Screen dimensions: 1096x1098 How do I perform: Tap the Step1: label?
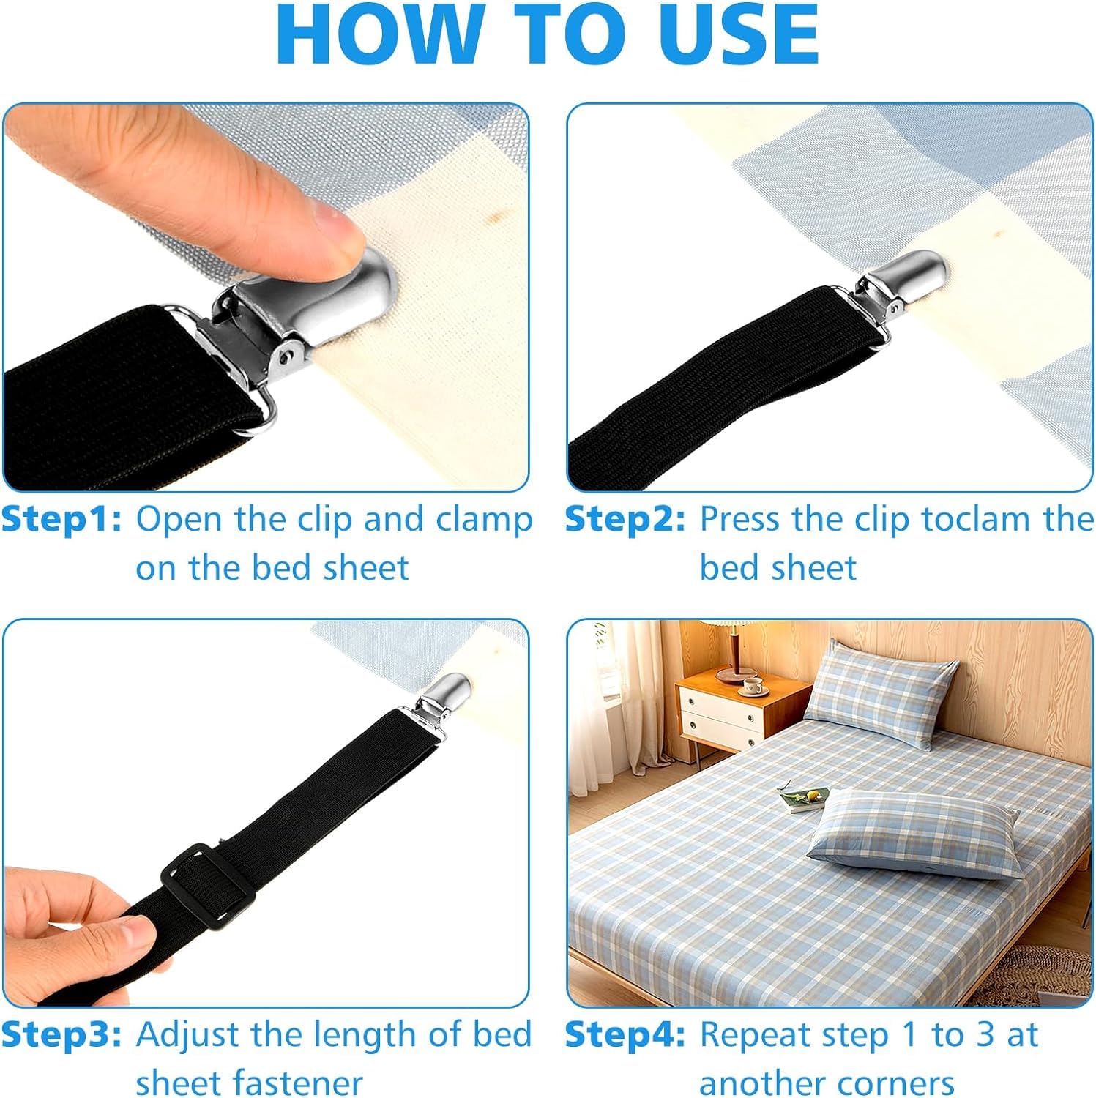pos(61,519)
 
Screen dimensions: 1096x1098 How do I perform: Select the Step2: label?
pos(625,519)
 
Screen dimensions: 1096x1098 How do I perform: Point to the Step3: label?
pos(61,1034)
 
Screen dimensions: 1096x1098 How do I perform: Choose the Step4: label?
pos(625,1034)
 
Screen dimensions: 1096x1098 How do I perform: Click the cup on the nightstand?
pos(752,686)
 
